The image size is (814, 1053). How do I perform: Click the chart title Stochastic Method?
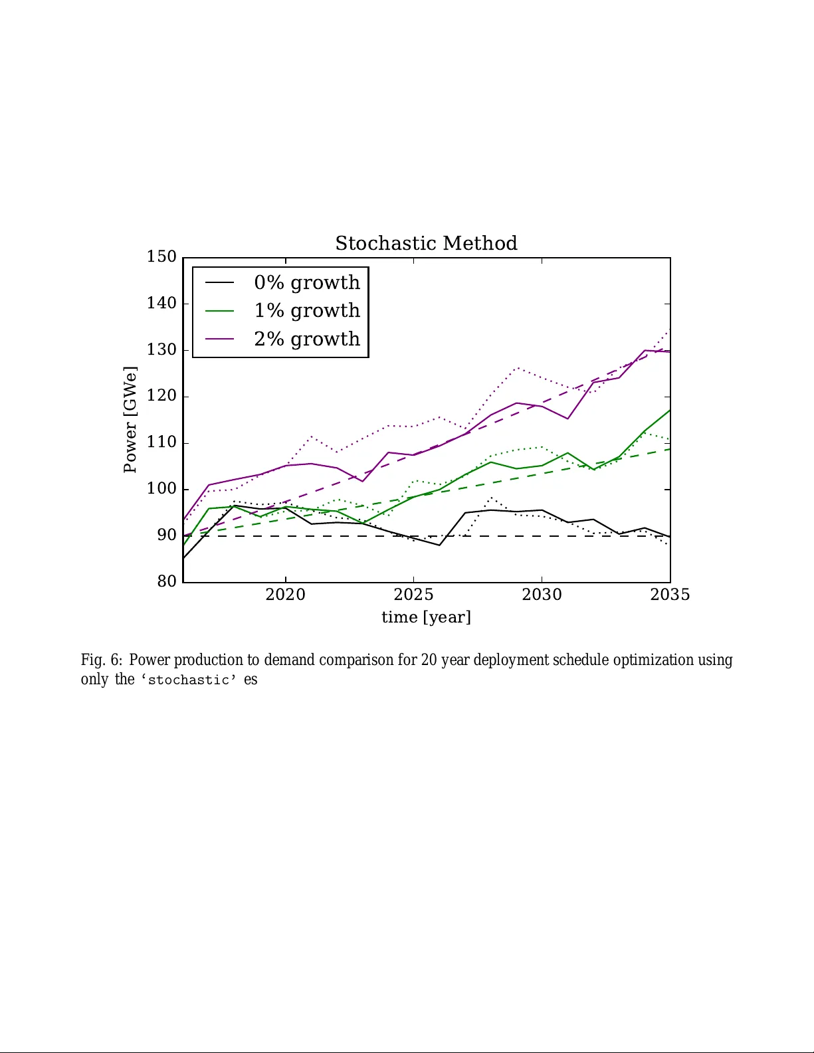pyautogui.click(x=426, y=243)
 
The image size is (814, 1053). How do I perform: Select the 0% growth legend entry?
pyautogui.click(x=306, y=282)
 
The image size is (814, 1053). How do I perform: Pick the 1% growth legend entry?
pyautogui.click(x=306, y=310)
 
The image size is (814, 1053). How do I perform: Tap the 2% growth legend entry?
pyautogui.click(x=306, y=339)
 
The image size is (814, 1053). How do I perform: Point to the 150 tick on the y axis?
pyautogui.click(x=161, y=256)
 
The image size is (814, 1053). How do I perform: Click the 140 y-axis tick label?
pyautogui.click(x=161, y=303)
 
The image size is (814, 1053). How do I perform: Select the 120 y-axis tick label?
pyautogui.click(x=161, y=396)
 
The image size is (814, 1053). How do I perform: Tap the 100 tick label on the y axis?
pyautogui.click(x=161, y=489)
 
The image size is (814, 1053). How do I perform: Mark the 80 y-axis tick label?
pyautogui.click(x=167, y=581)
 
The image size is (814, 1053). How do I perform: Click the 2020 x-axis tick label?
pyautogui.click(x=285, y=595)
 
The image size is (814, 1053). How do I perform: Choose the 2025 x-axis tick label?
pyautogui.click(x=413, y=595)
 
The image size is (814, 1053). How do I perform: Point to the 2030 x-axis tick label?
pyautogui.click(x=542, y=595)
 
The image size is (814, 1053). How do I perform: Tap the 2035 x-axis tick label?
pyautogui.click(x=670, y=595)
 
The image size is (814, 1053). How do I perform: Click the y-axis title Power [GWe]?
pyautogui.click(x=130, y=419)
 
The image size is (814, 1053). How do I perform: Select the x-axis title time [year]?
pyautogui.click(x=426, y=617)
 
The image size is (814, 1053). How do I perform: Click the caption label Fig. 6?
pyautogui.click(x=102, y=660)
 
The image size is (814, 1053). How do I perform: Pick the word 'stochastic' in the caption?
pyautogui.click(x=188, y=680)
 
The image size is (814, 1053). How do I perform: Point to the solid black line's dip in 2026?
pyautogui.click(x=439, y=545)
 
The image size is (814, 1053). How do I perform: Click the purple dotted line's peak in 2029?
pyautogui.click(x=517, y=367)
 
